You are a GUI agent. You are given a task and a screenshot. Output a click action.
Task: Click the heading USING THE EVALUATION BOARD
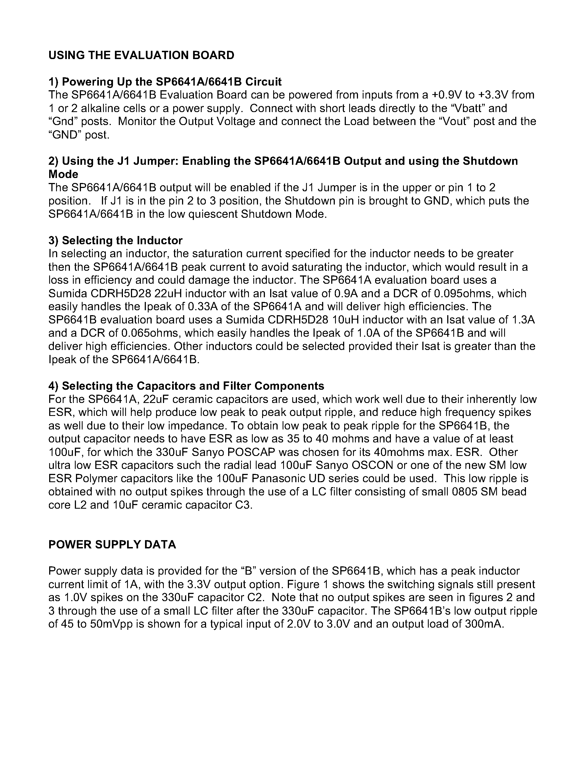[x=141, y=55]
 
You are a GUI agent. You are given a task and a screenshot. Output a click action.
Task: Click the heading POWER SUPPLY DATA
[x=112, y=545]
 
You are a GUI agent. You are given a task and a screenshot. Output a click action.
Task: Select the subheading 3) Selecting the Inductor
[x=115, y=240]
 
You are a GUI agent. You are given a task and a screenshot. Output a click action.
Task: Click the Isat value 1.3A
[x=523, y=320]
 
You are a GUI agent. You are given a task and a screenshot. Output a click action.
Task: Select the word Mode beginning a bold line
[x=63, y=174]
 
